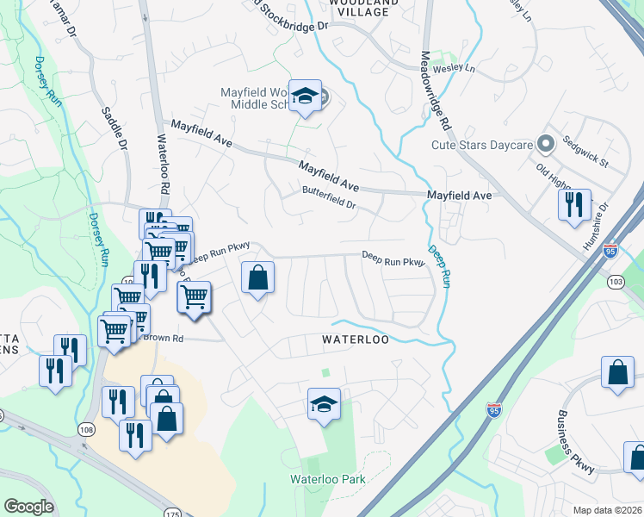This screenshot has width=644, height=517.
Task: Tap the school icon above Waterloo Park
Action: (x=324, y=405)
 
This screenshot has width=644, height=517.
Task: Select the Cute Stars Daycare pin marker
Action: (x=543, y=144)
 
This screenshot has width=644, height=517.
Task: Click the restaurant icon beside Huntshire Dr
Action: (x=573, y=206)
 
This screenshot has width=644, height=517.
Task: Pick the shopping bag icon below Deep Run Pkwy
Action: (x=258, y=278)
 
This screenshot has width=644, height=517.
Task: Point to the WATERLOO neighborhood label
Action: (x=356, y=339)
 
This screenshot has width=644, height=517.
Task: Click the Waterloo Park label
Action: (x=327, y=479)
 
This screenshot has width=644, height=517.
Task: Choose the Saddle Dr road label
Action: (x=114, y=125)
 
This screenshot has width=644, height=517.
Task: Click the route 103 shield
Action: (x=615, y=282)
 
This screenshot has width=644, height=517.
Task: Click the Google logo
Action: (x=28, y=507)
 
